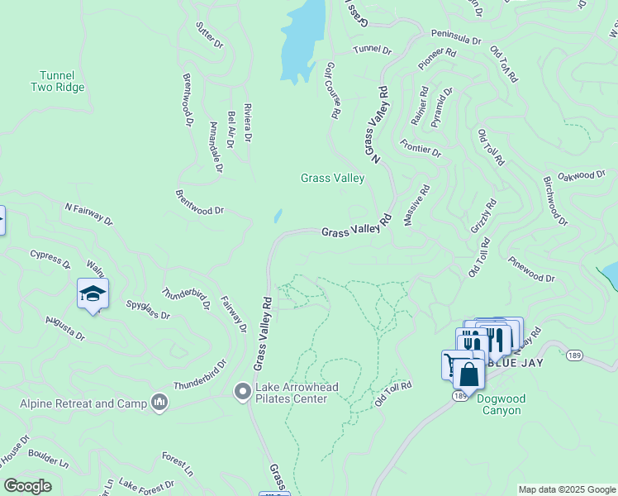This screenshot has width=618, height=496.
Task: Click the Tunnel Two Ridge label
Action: pyautogui.click(x=58, y=81)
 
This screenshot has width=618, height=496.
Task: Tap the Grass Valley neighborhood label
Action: pyautogui.click(x=332, y=178)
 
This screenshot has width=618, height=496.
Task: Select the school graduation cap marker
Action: pyautogui.click(x=93, y=293)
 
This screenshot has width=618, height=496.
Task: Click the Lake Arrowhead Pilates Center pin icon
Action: pyautogui.click(x=242, y=389)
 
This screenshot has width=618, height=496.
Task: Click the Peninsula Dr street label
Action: pyautogui.click(x=455, y=39)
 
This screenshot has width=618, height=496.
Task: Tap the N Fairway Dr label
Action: pyautogui.click(x=88, y=212)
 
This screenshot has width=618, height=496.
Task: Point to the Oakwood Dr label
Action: pyautogui.click(x=582, y=175)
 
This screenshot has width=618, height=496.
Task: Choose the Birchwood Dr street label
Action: pyautogui.click(x=555, y=200)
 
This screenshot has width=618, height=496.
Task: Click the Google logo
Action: pyautogui.click(x=28, y=485)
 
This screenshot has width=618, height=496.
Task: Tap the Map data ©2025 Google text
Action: pyautogui.click(x=567, y=489)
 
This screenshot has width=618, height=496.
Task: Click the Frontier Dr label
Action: pyautogui.click(x=421, y=149)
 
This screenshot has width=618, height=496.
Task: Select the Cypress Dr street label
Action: pyautogui.click(x=50, y=259)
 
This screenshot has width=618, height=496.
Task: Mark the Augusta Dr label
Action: pyautogui.click(x=65, y=327)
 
